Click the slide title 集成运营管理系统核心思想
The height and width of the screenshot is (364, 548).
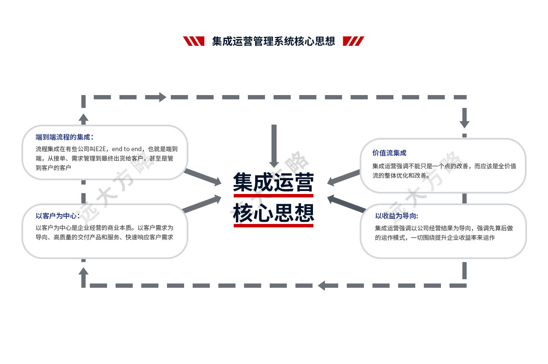(274, 41)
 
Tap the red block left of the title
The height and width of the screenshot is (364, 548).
(194, 41)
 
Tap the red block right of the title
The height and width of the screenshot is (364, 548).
(354, 41)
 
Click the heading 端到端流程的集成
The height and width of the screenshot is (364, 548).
(65, 137)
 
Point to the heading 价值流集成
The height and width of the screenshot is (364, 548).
(389, 153)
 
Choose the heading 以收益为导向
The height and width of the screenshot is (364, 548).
(396, 216)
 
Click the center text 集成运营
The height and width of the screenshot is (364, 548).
(274, 182)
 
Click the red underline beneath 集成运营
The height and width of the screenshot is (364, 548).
(274, 196)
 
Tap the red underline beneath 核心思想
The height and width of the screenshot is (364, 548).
(274, 225)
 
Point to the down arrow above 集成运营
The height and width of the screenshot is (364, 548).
(274, 160)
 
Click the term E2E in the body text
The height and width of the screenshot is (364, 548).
(101, 149)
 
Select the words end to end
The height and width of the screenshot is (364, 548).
(126, 149)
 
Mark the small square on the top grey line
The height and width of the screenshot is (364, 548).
(163, 97)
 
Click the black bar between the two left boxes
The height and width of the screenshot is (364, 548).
(113, 191)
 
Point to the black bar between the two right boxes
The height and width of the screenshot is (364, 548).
(424, 198)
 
